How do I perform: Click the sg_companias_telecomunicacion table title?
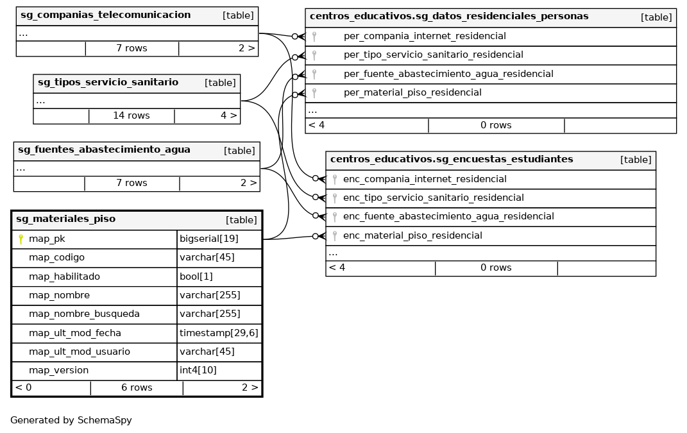click(105, 15)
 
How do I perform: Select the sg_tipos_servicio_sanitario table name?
click(108, 82)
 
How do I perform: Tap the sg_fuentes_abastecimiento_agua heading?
click(104, 150)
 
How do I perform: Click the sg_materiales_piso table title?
click(65, 219)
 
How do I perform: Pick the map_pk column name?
click(47, 239)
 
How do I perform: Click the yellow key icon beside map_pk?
click(21, 239)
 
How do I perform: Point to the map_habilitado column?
click(64, 276)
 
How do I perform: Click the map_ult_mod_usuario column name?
click(80, 352)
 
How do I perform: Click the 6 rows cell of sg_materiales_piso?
click(137, 387)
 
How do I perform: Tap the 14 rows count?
click(131, 116)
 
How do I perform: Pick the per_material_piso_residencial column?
click(412, 92)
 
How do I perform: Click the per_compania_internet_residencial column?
click(425, 37)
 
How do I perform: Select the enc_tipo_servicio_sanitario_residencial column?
click(434, 198)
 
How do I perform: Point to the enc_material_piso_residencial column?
click(412, 235)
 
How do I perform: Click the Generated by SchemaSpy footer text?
click(71, 421)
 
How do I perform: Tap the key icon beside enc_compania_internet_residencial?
click(334, 180)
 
